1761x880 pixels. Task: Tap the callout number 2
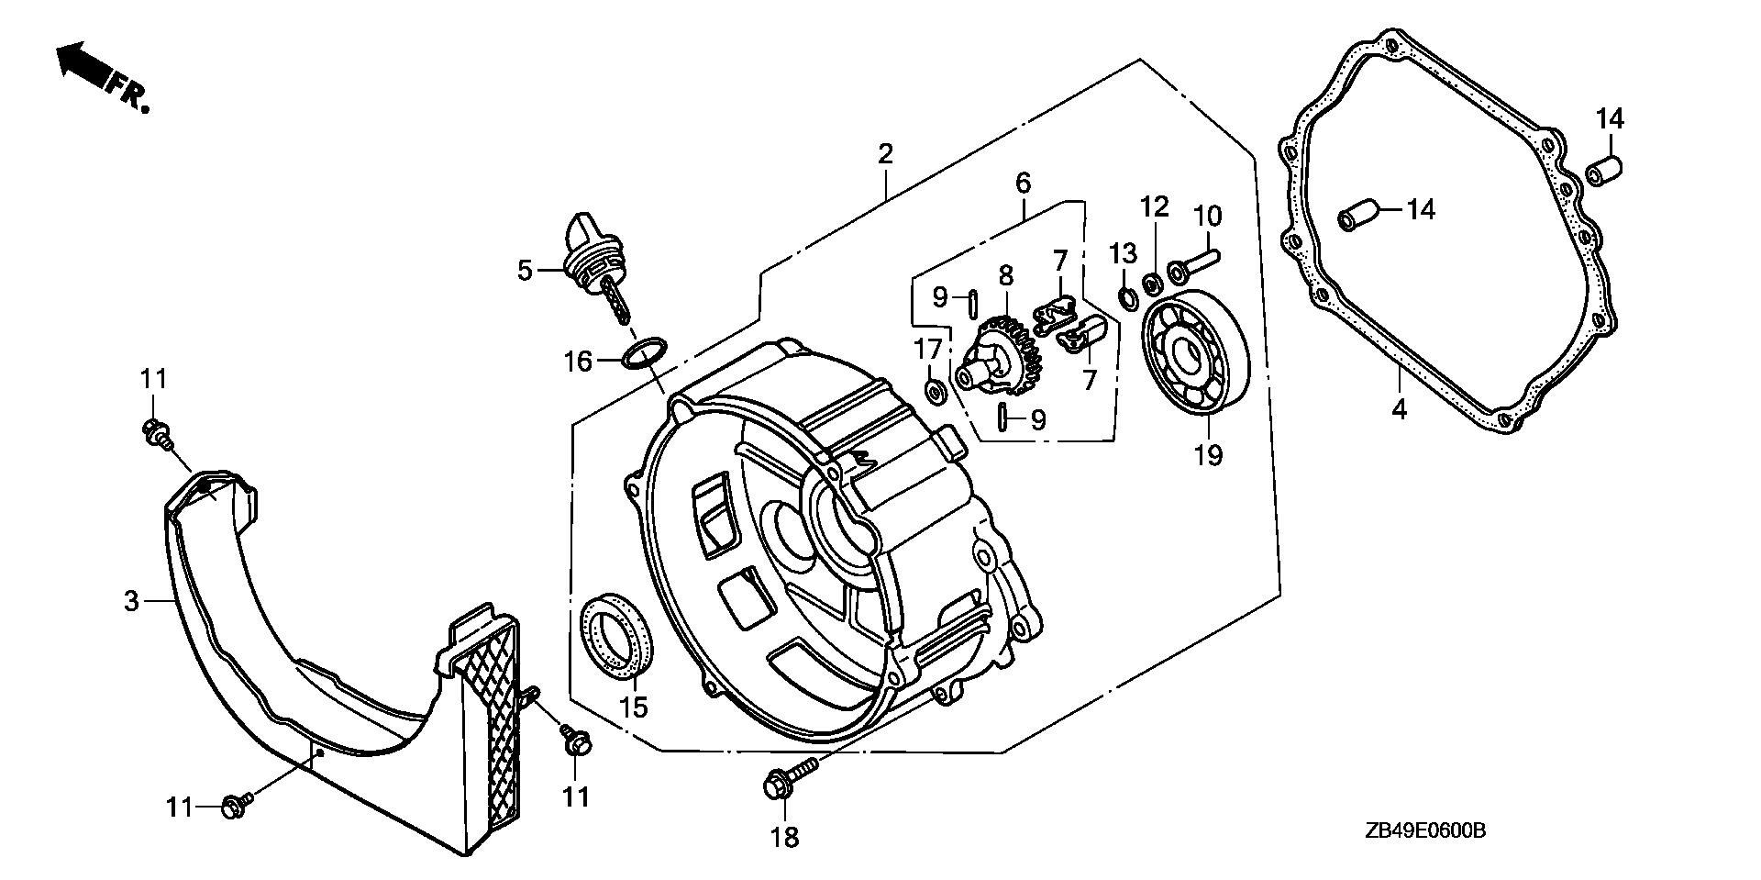pyautogui.click(x=884, y=153)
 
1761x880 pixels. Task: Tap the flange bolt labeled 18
pyautogui.click(x=789, y=778)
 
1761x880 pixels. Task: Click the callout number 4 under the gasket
pyautogui.click(x=1399, y=409)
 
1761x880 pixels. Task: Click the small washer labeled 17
pyautogui.click(x=936, y=393)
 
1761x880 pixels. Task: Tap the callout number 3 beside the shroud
pyautogui.click(x=131, y=601)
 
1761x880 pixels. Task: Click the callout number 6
pyautogui.click(x=1023, y=183)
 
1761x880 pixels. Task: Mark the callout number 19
pyautogui.click(x=1209, y=453)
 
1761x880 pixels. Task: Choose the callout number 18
pyautogui.click(x=786, y=837)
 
